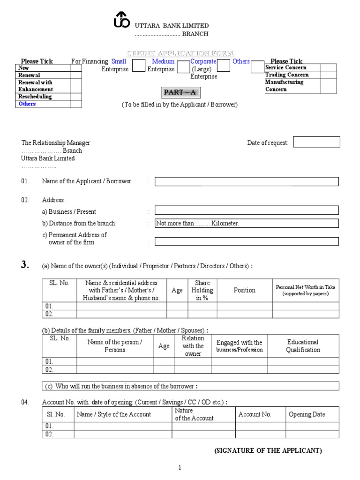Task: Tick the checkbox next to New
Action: (x=76, y=68)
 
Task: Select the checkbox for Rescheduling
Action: (x=76, y=97)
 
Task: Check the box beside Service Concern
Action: (x=328, y=67)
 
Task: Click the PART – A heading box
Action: (x=180, y=92)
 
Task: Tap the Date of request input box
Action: (x=316, y=142)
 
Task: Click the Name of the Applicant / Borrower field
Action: (x=247, y=181)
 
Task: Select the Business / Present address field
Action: (x=247, y=210)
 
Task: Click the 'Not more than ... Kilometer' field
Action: (x=247, y=224)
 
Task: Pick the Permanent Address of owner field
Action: (x=247, y=241)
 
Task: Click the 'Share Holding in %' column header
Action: (x=202, y=290)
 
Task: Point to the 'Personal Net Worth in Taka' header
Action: (x=306, y=290)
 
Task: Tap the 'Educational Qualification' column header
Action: (x=303, y=346)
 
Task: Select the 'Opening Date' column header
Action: (x=307, y=414)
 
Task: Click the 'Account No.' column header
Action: (x=255, y=414)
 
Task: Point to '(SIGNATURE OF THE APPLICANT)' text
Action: (x=268, y=450)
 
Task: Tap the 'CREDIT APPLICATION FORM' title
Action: (x=180, y=53)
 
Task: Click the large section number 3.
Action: (x=25, y=265)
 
